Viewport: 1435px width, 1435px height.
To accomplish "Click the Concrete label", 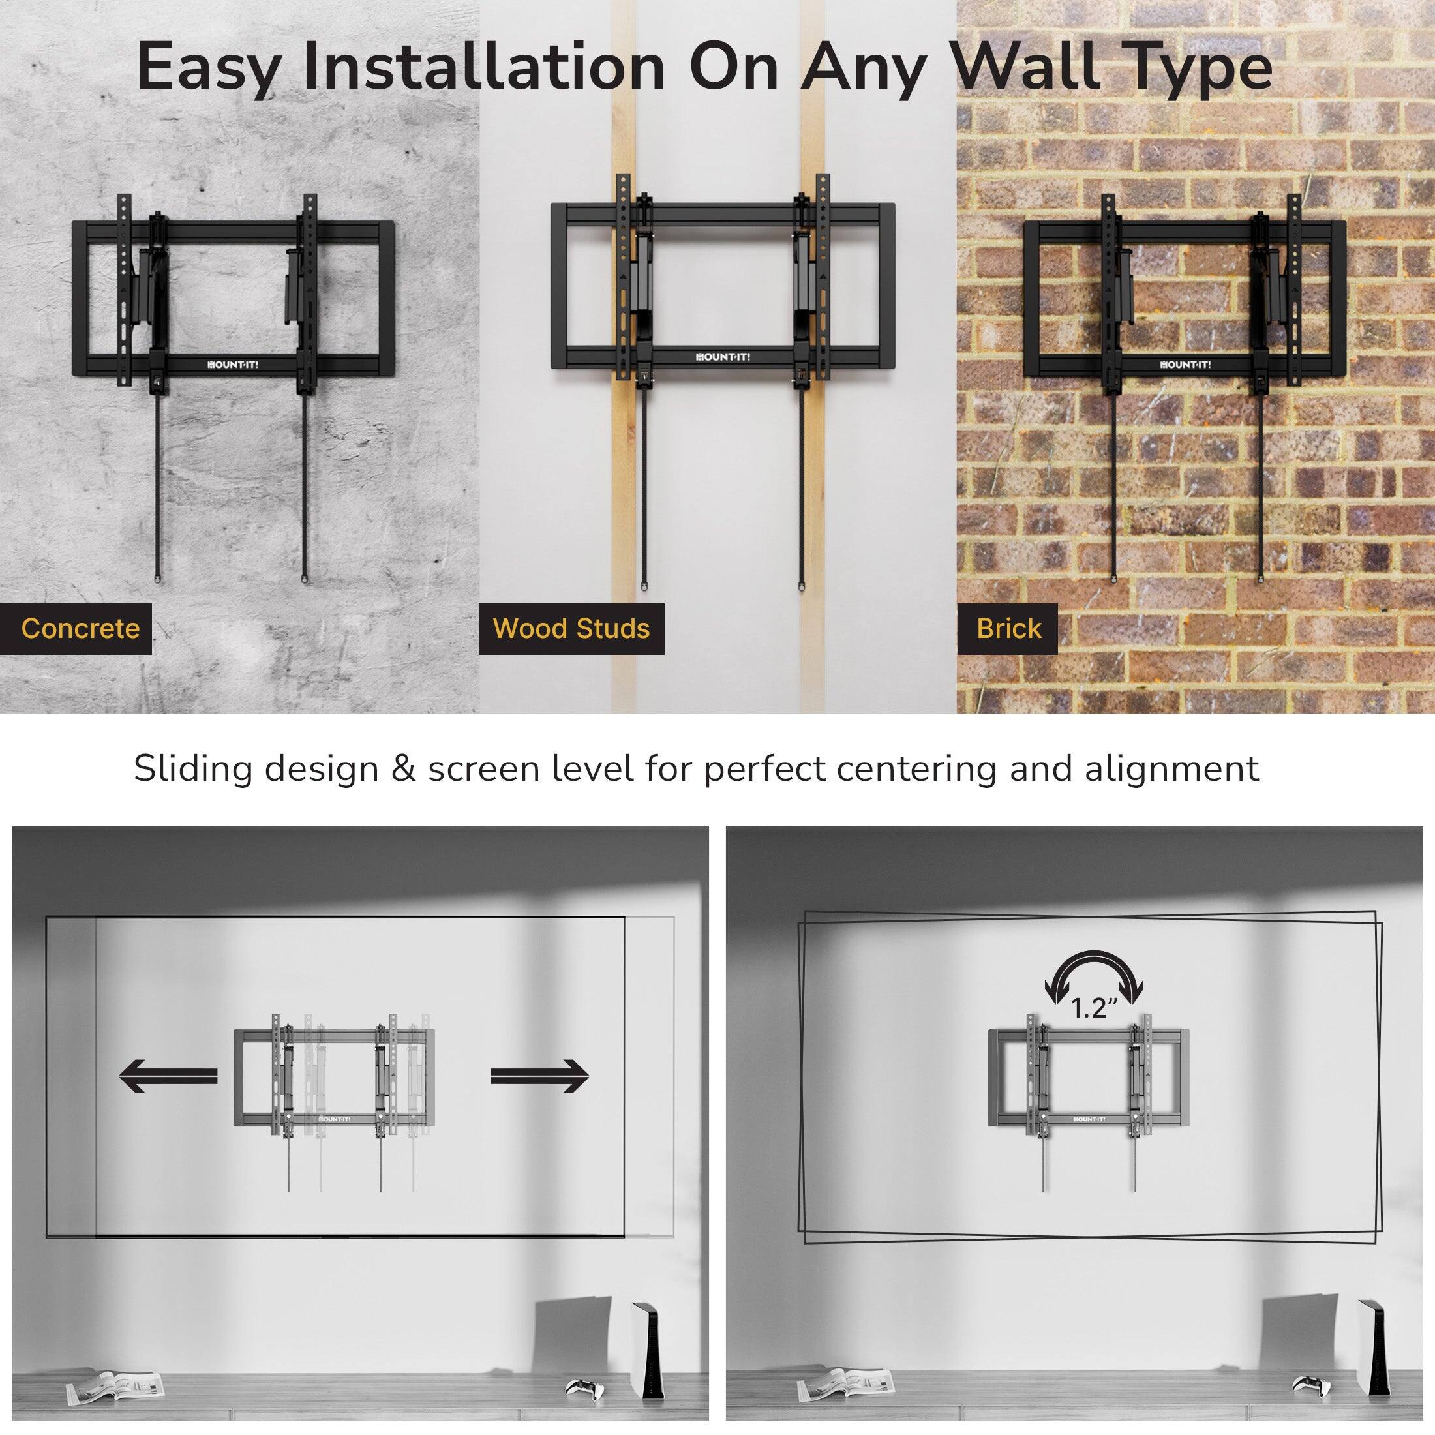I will click(80, 628).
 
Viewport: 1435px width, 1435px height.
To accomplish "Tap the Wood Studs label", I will click(571, 628).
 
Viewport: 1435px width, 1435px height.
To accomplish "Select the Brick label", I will click(1008, 628).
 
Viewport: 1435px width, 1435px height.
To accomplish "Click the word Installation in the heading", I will click(483, 69).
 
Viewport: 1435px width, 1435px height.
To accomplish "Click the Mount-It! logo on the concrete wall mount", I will click(231, 365).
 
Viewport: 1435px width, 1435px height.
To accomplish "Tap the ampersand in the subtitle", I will click(402, 770).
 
